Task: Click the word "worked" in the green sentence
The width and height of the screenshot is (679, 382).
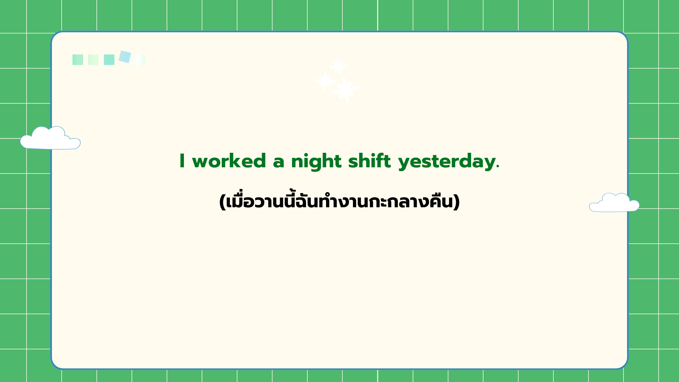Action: coord(229,161)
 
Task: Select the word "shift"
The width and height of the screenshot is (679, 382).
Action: coord(370,161)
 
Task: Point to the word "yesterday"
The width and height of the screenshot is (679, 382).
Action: coord(447,162)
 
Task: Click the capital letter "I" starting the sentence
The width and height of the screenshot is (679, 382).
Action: coord(182,161)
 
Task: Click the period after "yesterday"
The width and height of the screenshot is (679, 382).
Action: coord(498,167)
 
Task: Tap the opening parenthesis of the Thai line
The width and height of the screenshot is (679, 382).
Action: coord(222,202)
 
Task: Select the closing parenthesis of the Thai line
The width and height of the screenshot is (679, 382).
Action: coord(457,202)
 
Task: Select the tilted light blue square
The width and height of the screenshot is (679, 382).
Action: coord(125,57)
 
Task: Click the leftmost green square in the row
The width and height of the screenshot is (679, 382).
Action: coord(78,60)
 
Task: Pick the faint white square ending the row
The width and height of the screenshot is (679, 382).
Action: coord(140,60)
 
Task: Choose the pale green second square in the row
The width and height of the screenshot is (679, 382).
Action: coord(93,60)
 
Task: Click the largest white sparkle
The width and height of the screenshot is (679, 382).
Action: coord(346,90)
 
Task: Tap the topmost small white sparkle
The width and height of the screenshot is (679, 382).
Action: coord(338,66)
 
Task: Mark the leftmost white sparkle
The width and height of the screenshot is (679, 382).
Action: coord(325,81)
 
